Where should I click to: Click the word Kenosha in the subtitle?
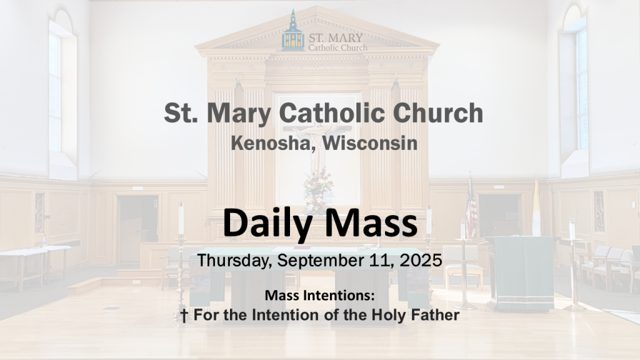pyautogui.click(x=271, y=143)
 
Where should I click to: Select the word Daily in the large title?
pyautogui.click(x=268, y=224)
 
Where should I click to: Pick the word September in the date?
pyautogui.click(x=319, y=261)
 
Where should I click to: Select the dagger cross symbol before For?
pyautogui.click(x=184, y=316)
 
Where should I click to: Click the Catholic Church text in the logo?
pyautogui.click(x=337, y=47)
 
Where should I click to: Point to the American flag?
pyautogui.click(x=471, y=208)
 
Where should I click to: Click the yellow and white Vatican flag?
pyautogui.click(x=536, y=209)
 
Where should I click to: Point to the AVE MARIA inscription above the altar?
pyautogui.click(x=317, y=68)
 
